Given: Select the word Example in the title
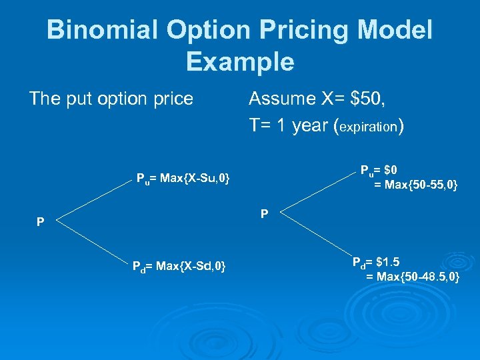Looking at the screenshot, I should (x=240, y=61).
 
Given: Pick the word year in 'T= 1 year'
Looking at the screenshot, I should (x=310, y=125).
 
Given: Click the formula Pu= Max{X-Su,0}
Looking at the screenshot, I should (x=183, y=178).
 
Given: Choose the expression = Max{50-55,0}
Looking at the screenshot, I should (x=415, y=185).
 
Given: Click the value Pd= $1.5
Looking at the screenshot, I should (x=377, y=261).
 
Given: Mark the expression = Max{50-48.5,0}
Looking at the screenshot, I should (x=413, y=275).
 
